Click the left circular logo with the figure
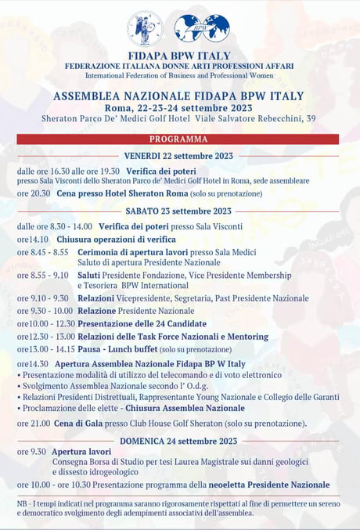point(146,28)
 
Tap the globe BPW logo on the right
point(202,28)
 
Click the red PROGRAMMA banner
point(178,139)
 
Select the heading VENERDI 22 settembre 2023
point(179,155)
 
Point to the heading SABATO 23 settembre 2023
point(178,211)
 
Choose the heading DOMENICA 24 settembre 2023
point(178,441)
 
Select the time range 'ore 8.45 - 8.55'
point(42,252)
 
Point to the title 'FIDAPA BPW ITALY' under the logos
point(179,56)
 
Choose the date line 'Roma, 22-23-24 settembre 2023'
point(178,108)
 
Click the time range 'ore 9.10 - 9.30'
point(42,298)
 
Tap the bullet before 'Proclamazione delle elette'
point(19,408)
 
